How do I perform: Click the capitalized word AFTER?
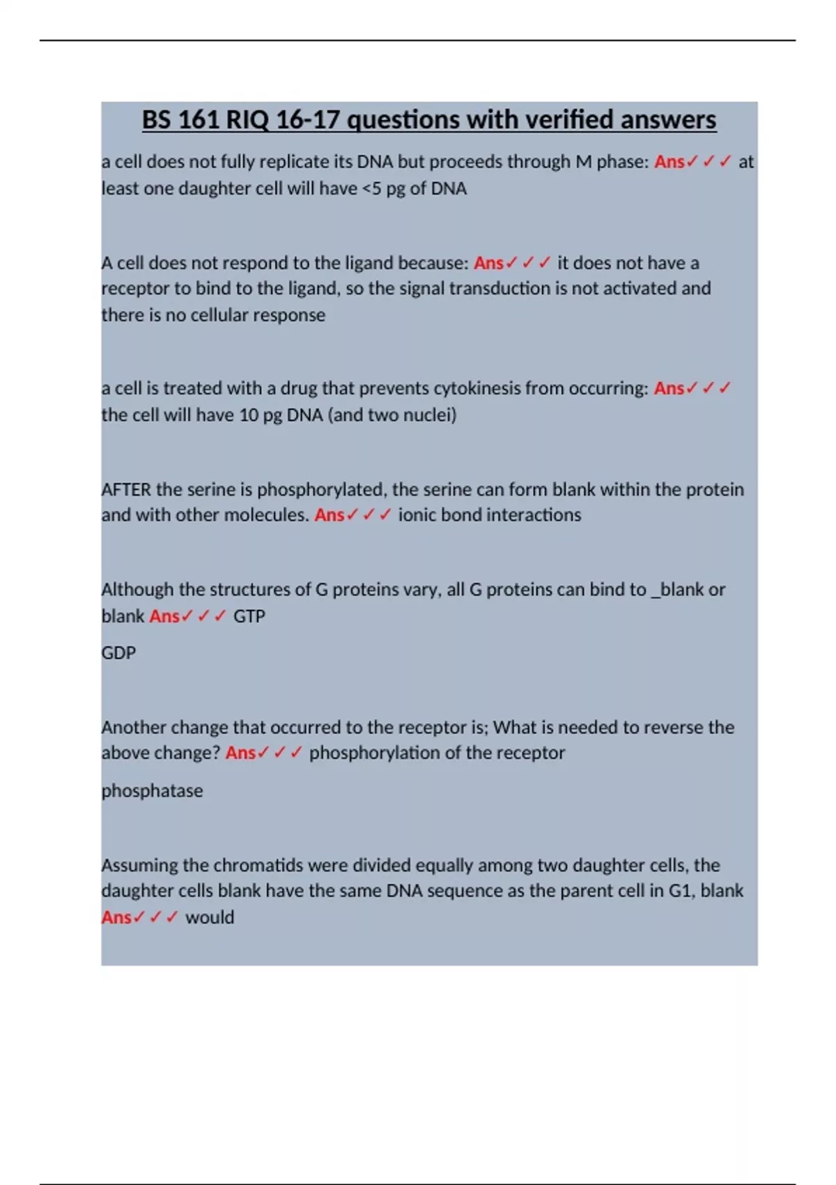(x=126, y=489)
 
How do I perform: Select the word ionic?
(x=418, y=515)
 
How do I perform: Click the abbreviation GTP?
(x=249, y=616)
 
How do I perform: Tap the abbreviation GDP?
(x=118, y=653)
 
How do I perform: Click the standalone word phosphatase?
(x=152, y=791)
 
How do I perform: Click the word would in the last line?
(x=209, y=917)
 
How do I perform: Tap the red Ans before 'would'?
(x=116, y=917)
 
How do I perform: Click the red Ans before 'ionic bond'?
(x=330, y=515)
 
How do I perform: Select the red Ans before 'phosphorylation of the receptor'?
(x=240, y=753)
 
